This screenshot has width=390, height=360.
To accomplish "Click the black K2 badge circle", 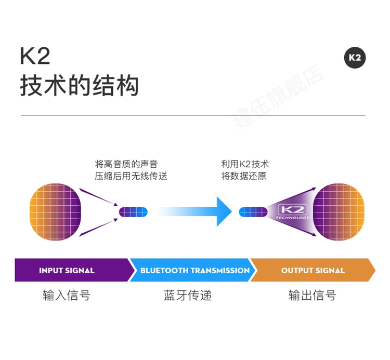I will (355, 58).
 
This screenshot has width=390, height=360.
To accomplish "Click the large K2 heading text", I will (34, 56).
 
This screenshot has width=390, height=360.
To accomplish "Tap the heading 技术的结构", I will (80, 86).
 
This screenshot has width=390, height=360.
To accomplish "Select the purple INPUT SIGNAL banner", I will (70, 270).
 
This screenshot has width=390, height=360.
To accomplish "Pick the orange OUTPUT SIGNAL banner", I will (312, 270).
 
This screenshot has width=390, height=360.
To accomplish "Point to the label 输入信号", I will (67, 296).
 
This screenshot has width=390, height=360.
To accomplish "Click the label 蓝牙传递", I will (188, 296).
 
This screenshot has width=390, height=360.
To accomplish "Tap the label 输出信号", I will (312, 296).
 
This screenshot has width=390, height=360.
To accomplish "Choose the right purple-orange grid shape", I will (338, 211).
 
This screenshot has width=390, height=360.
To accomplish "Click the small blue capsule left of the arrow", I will (134, 211).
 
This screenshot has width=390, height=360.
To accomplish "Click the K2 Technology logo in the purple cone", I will (294, 211).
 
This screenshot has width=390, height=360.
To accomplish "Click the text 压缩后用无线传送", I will (131, 176).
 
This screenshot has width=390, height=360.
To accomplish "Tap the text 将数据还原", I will (244, 176).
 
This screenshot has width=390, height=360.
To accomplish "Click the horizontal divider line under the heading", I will (193, 115).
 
